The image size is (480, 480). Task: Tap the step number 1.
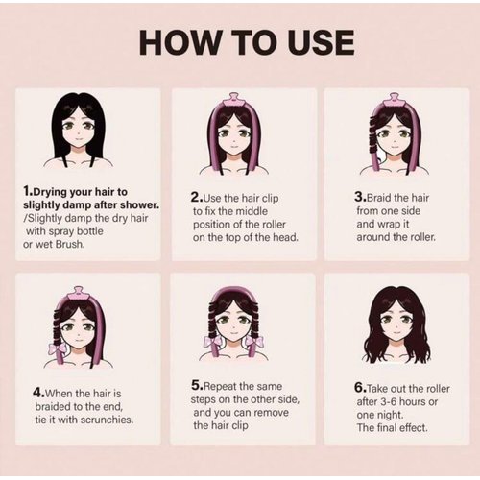27,191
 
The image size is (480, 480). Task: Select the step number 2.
195,197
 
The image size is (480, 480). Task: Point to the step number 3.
359,197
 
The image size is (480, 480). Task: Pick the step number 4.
37,393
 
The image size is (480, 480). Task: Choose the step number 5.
196,385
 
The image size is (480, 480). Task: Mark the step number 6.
359,388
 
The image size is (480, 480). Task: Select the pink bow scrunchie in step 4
57,348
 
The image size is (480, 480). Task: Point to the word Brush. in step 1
70,244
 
